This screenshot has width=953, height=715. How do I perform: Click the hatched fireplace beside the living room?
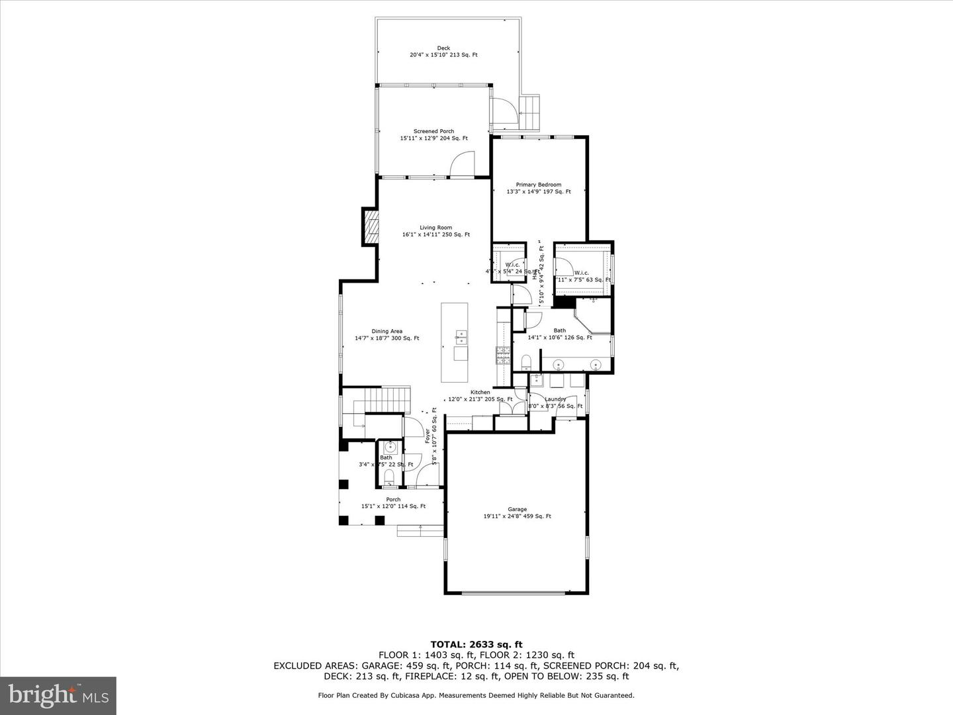coord(371,227)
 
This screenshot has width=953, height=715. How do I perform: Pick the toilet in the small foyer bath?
coord(389,477)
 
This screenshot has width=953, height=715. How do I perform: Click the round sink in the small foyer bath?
coord(390,446)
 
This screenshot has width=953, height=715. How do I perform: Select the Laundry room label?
coord(555,399)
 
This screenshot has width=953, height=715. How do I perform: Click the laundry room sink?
coord(536,380)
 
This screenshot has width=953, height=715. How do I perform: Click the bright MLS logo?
coord(58,695)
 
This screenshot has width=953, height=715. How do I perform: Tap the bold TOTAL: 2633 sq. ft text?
coord(476,644)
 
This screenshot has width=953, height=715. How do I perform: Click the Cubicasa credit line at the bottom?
coord(476,695)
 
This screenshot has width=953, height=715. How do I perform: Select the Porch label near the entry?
coord(393,500)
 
